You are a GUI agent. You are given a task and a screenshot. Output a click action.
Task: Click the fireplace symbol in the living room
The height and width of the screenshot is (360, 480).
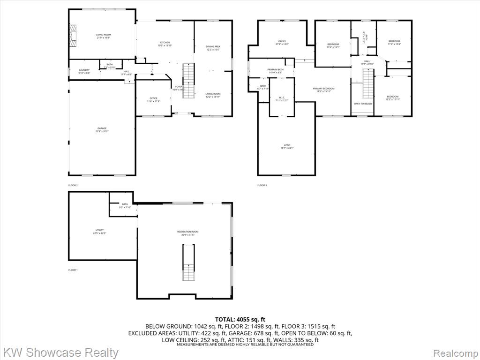point(72,36)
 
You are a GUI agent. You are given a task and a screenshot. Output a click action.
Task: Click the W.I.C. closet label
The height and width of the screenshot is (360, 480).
point(282,99)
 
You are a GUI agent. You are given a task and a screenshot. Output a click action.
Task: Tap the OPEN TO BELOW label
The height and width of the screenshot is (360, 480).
point(363,104)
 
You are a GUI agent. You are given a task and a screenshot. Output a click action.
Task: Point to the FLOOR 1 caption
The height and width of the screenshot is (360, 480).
point(73,270)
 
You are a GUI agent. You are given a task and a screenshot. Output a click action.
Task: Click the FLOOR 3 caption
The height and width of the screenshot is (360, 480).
point(262,186)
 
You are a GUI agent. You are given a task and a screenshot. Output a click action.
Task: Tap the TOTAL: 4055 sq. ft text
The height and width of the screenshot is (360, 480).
point(240,320)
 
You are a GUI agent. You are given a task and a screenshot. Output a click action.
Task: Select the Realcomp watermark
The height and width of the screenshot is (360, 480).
point(454,352)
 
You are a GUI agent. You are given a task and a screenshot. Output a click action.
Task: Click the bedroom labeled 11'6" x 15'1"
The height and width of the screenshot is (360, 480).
point(333,45)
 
